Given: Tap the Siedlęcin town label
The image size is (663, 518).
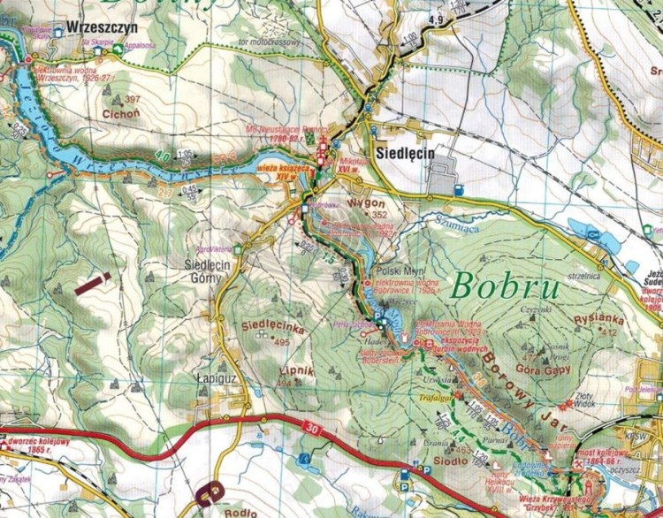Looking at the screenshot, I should [405, 153].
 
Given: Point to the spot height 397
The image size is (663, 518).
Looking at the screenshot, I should [133, 99].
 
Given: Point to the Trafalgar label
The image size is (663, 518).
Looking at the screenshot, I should [434, 399].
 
